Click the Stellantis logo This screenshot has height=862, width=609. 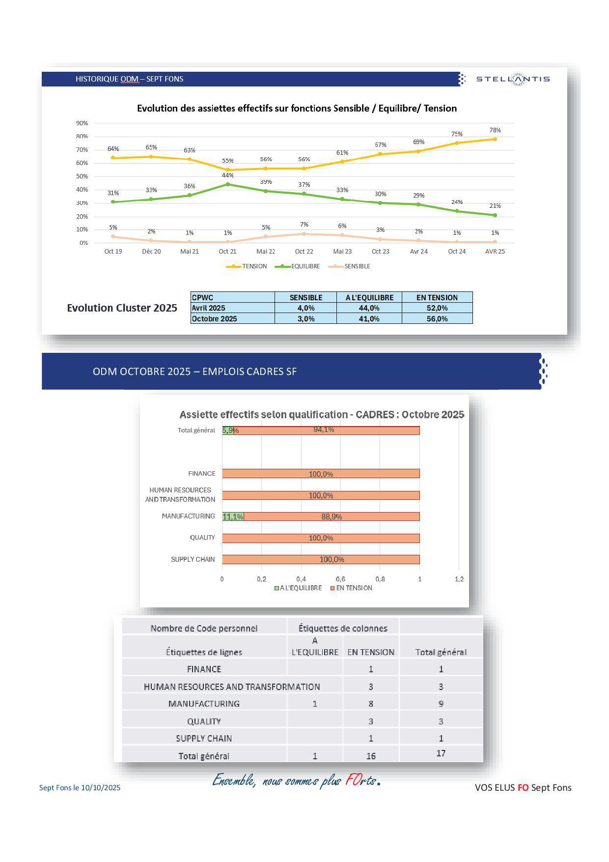click(x=513, y=79)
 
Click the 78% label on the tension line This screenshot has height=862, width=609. click(x=495, y=130)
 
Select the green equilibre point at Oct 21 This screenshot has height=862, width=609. click(x=227, y=184)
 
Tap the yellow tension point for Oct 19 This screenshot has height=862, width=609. click(x=113, y=158)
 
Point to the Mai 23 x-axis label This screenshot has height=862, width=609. click(x=342, y=252)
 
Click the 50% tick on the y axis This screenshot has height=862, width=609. click(x=82, y=176)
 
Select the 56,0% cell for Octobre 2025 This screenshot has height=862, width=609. click(x=437, y=319)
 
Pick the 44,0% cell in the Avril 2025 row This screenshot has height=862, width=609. click(x=369, y=308)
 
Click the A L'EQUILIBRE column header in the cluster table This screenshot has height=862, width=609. click(x=369, y=297)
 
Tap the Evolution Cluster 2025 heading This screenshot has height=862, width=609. click(x=122, y=308)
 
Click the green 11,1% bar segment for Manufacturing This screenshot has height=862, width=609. click(x=233, y=517)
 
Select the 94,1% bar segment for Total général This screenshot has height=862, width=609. click(x=326, y=431)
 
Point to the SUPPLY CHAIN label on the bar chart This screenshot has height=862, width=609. click(x=193, y=559)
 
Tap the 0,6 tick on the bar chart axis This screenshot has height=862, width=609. click(x=340, y=579)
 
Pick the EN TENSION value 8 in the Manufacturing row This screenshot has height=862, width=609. click(x=371, y=704)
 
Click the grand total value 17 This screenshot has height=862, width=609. click(x=441, y=753)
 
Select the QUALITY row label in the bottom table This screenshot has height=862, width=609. click(x=204, y=721)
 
